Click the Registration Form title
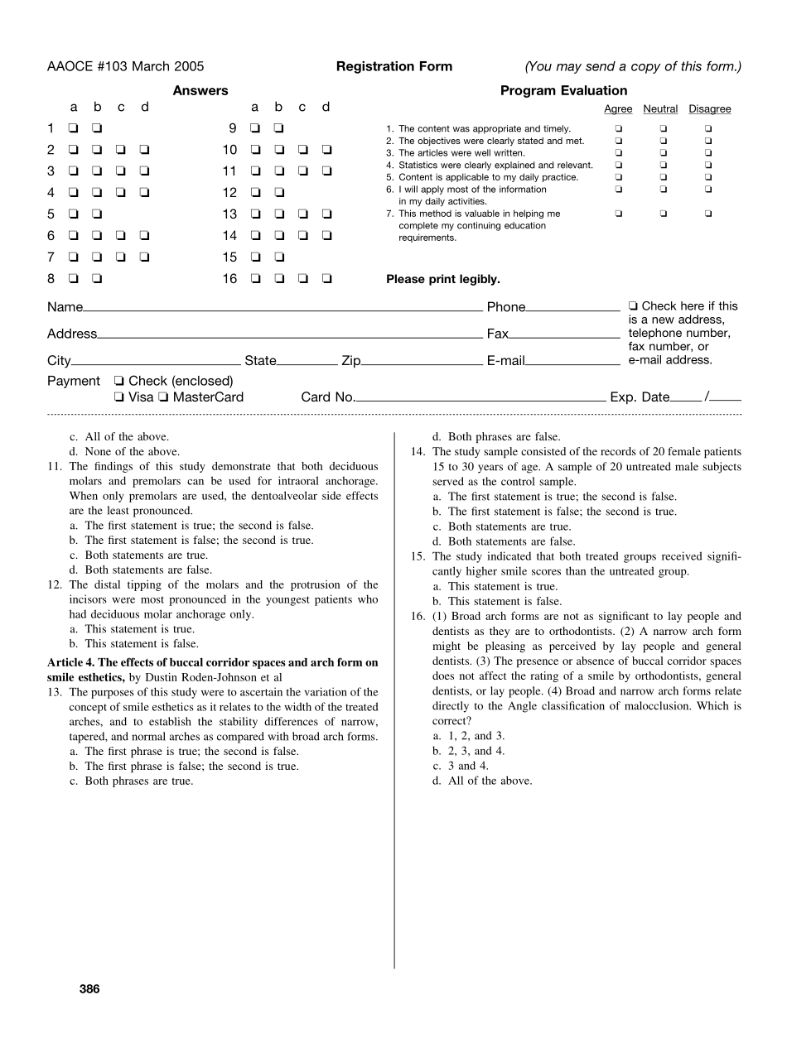pyautogui.click(x=394, y=67)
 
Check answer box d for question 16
pyautogui.click(x=327, y=279)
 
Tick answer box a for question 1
pyautogui.click(x=74, y=128)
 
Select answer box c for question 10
pyautogui.click(x=303, y=150)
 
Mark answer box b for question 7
pyautogui.click(x=98, y=257)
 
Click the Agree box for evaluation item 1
pyautogui.click(x=618, y=129)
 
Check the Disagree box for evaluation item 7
pyautogui.click(x=708, y=214)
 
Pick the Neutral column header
pyautogui.click(x=660, y=109)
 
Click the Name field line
pyautogui.click(x=282, y=310)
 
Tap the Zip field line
pyautogui.click(x=422, y=363)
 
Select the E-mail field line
pyautogui.click(x=572, y=363)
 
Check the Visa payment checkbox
pyautogui.click(x=120, y=397)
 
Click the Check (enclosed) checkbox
pyautogui.click(x=120, y=382)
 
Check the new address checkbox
pyautogui.click(x=634, y=306)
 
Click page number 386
pyautogui.click(x=89, y=988)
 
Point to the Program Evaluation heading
pyautogui.click(x=563, y=91)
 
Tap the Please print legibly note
pyautogui.click(x=443, y=280)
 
